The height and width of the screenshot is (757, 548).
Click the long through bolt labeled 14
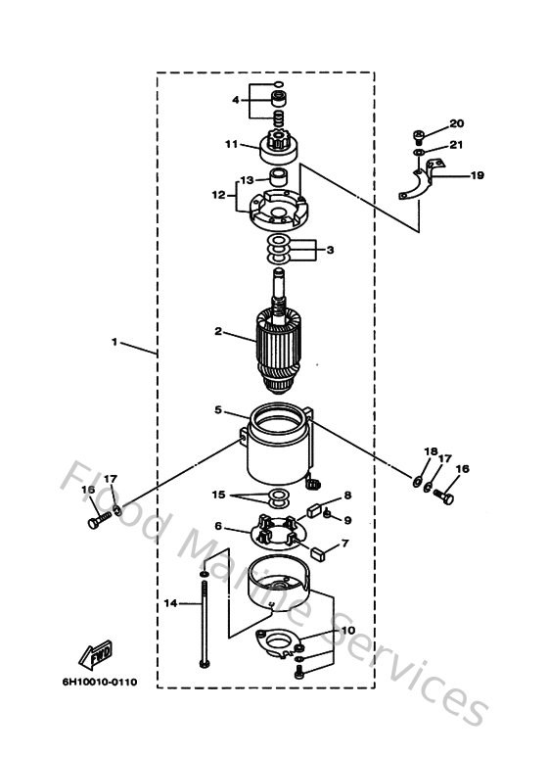click(203, 627)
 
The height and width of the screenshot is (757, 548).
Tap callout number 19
click(477, 176)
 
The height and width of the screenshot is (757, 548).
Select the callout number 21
click(456, 145)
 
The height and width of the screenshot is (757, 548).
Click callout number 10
click(349, 631)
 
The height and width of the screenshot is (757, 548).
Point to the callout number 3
click(330, 250)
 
